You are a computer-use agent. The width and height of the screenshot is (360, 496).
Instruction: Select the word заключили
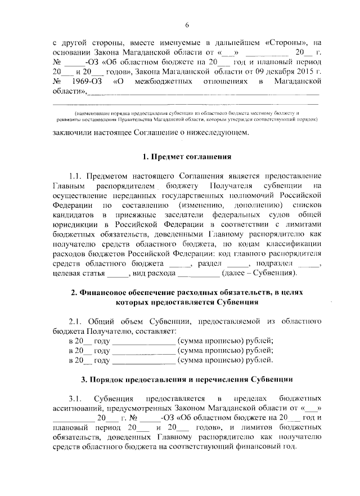pos(73,133)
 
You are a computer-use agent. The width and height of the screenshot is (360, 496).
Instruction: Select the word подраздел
pos(274,263)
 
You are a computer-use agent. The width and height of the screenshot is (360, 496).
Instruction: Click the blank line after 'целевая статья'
pos(118,274)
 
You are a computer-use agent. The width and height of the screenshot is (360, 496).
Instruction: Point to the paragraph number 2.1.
pos(76,321)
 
